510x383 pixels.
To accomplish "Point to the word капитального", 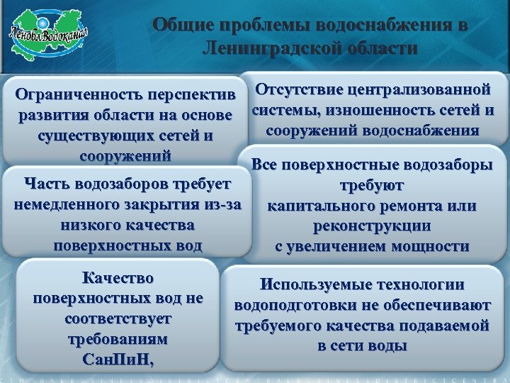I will click(327, 206).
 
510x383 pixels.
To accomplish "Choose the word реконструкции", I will click(374, 226).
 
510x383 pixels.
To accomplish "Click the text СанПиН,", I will click(118, 359).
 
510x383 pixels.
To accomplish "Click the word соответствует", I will click(118, 318).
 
